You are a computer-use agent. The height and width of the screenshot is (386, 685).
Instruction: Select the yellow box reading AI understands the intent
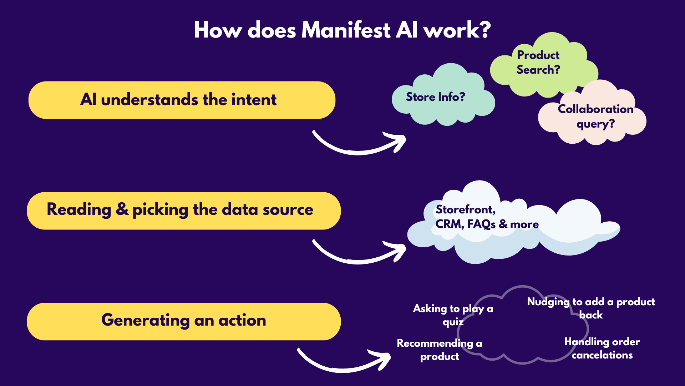tap(182, 100)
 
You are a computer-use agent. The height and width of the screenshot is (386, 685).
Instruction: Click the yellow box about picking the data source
tap(184, 211)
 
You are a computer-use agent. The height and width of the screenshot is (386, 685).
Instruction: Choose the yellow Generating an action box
tap(184, 321)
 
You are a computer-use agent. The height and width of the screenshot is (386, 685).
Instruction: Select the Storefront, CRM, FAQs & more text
tap(487, 217)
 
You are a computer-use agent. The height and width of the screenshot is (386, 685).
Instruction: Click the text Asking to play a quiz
tap(453, 315)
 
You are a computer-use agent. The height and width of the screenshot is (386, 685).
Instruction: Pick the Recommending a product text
tap(440, 350)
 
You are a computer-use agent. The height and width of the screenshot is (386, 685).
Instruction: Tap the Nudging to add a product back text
tap(591, 308)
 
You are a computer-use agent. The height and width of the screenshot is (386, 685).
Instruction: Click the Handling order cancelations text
tap(602, 348)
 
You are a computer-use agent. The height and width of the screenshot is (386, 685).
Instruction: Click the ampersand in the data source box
tap(122, 209)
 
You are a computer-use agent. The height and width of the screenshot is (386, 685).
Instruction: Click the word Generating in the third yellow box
tap(146, 320)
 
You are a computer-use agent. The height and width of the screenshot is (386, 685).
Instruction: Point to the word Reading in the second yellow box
tap(79, 210)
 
